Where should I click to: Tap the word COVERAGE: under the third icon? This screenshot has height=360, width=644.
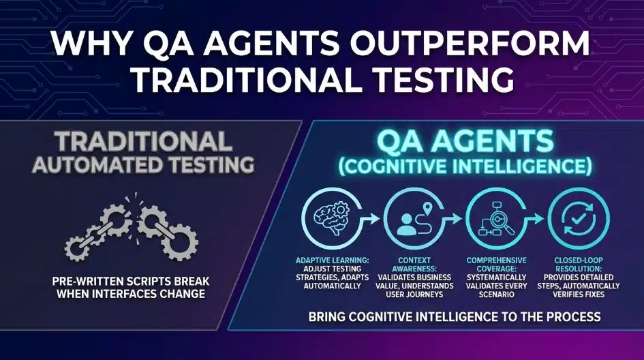[495, 269]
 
